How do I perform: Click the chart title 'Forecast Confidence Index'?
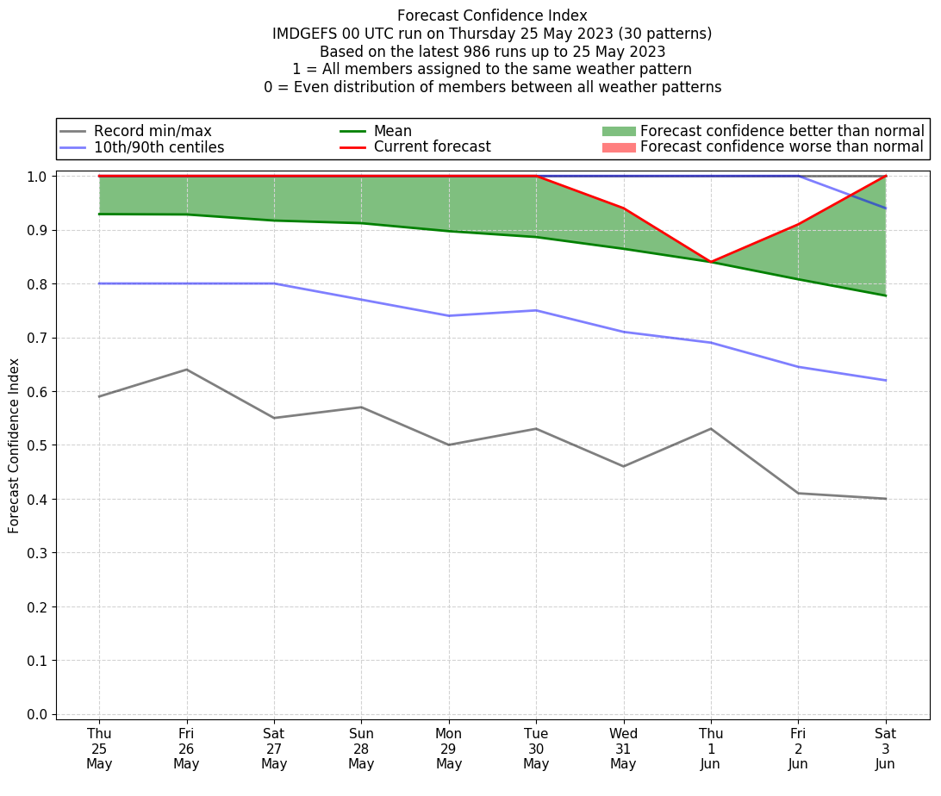(492, 16)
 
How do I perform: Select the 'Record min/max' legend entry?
(153, 131)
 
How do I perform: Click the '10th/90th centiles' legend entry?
(159, 147)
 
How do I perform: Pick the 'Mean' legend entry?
(392, 131)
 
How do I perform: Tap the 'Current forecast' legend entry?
(432, 147)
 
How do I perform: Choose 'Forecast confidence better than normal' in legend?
(782, 131)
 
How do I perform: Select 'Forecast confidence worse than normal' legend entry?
(782, 147)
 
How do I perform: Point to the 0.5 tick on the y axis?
(37, 445)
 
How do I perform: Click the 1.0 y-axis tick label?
(37, 177)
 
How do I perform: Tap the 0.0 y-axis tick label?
(37, 714)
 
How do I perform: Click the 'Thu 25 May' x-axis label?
(99, 749)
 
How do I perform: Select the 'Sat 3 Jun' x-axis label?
(886, 749)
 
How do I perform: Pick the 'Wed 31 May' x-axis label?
(623, 749)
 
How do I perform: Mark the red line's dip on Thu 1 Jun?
(711, 262)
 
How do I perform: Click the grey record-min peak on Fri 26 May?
(186, 370)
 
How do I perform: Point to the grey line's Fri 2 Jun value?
(798, 493)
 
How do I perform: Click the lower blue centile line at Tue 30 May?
(536, 310)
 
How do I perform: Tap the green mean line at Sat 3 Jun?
(886, 295)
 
